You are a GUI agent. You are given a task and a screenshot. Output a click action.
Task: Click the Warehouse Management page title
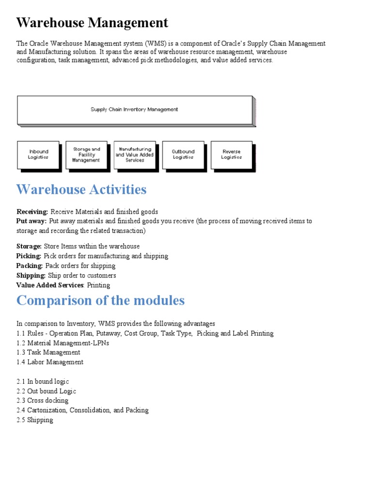point(93,23)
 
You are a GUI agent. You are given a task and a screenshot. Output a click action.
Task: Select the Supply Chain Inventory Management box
point(134,109)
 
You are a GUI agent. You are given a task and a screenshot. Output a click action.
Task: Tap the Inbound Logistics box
point(38,155)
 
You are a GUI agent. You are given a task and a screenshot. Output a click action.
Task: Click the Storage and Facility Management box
point(86,155)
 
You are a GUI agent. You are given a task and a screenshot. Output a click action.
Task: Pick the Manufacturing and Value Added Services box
point(135,155)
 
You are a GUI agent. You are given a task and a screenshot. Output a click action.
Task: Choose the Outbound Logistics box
point(183,155)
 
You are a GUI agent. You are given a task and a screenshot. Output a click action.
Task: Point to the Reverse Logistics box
point(232,155)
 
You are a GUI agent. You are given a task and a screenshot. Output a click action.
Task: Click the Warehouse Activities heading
point(81,189)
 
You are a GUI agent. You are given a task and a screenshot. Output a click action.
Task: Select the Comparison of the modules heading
point(100,300)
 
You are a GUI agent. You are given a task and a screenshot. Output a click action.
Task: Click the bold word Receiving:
point(32,212)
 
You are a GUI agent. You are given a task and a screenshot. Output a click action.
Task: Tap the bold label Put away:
point(32,221)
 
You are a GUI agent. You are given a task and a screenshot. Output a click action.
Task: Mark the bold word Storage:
point(29,247)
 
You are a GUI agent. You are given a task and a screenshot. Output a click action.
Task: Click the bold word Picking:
point(29,256)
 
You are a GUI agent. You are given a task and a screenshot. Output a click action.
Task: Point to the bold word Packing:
point(30,266)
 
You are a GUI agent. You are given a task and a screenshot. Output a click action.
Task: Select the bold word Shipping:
point(31,276)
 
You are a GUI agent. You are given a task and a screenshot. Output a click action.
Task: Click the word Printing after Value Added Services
point(98,285)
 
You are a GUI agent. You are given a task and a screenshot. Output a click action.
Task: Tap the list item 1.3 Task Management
point(48,353)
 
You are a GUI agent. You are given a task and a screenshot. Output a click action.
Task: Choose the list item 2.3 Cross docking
point(43,401)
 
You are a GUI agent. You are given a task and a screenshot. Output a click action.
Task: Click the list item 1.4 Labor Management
point(50,362)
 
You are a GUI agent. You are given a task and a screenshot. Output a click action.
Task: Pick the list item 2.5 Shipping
point(35,420)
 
